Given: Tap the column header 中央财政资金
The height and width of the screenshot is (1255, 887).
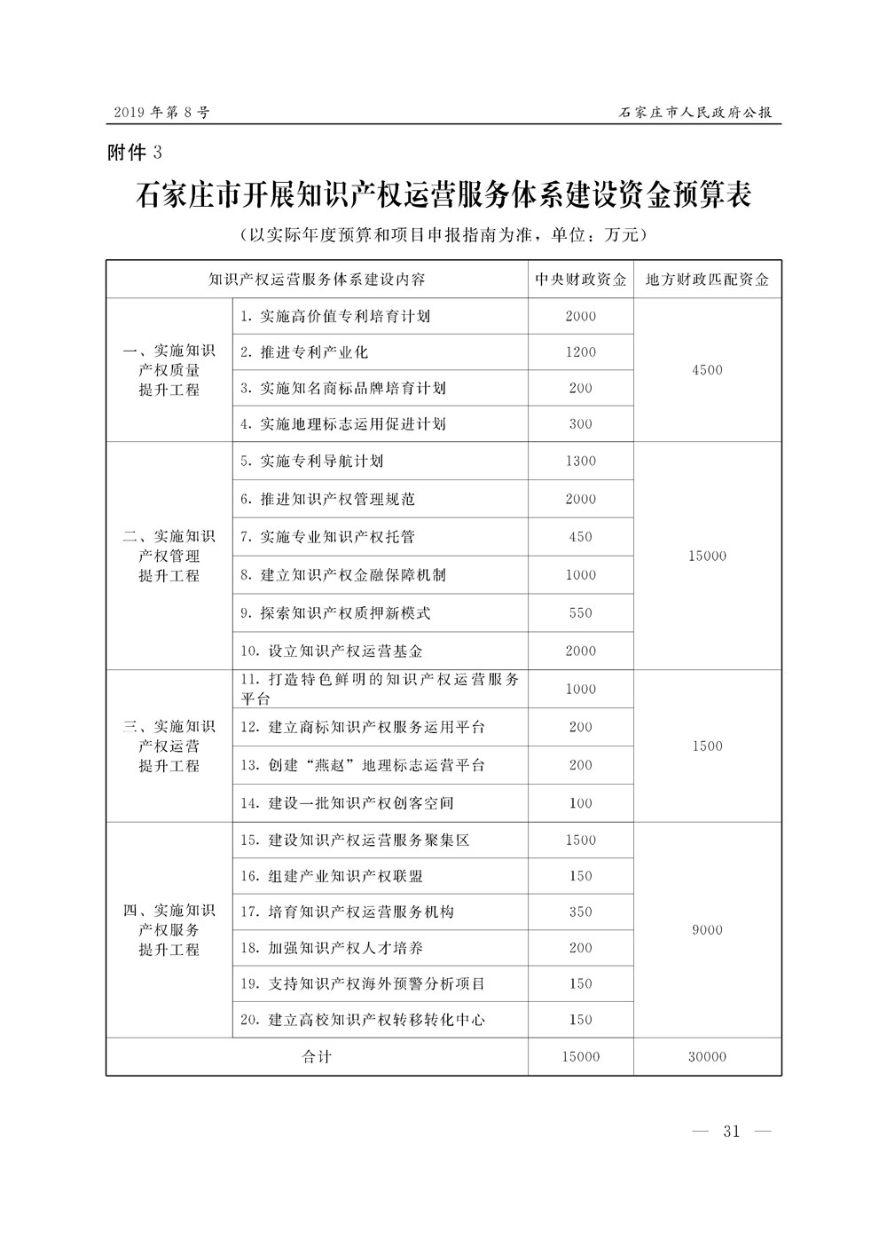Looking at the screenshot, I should (x=581, y=280).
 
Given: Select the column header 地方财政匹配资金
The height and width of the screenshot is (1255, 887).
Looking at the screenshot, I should (x=707, y=280).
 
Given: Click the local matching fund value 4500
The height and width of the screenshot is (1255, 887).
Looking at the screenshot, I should (x=707, y=370).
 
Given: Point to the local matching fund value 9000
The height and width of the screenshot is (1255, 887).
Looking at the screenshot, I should (x=707, y=930).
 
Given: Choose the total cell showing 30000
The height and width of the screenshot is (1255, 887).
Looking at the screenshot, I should (x=707, y=1056).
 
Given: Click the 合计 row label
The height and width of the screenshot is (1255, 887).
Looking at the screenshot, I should (x=317, y=1056).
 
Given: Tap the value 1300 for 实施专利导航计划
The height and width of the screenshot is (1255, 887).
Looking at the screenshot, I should (x=581, y=462).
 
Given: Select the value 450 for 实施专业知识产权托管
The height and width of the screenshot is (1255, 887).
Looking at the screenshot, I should (x=581, y=537).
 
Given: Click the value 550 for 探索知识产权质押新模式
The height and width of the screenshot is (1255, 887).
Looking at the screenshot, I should (x=581, y=613).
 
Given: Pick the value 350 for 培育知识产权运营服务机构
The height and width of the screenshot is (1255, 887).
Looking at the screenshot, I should (x=581, y=912).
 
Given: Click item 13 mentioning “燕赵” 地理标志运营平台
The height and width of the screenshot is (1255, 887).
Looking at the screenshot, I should (x=363, y=765).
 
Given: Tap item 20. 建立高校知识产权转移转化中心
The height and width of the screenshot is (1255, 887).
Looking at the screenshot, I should (x=363, y=1020).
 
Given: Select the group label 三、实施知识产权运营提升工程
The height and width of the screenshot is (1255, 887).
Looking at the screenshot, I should (x=169, y=746).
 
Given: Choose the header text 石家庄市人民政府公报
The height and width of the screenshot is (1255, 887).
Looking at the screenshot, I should (x=695, y=113).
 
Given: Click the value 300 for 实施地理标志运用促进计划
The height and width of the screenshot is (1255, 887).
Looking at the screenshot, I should (x=581, y=424).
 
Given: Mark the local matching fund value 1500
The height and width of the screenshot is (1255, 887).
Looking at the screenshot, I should (x=707, y=746).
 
